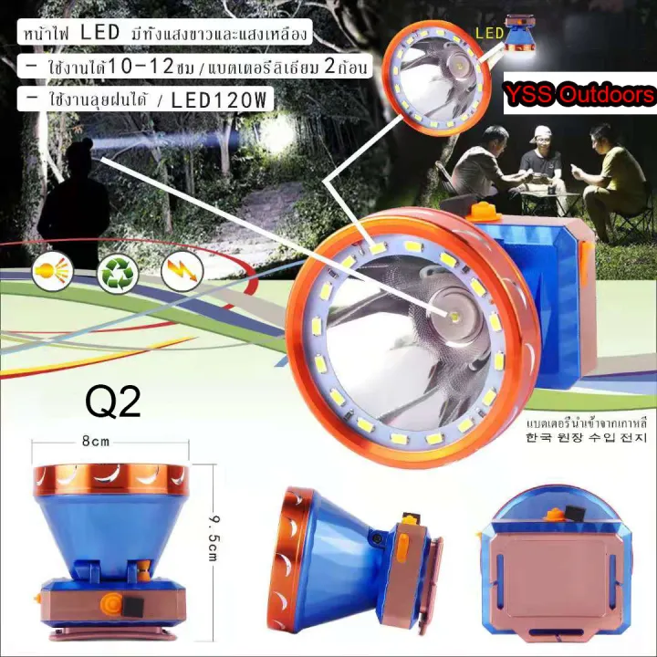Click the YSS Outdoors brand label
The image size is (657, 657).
pyautogui.click(x=579, y=95)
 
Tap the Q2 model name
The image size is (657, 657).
pyautogui.click(x=113, y=401)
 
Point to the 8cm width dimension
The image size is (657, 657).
pyautogui.click(x=96, y=441)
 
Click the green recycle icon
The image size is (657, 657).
pyautogui.click(x=116, y=271)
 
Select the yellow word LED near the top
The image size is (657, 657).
pyautogui.click(x=491, y=35)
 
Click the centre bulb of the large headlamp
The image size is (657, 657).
pyautogui.click(x=452, y=313)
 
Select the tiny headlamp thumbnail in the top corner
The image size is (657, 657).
pyautogui.click(x=523, y=33)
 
